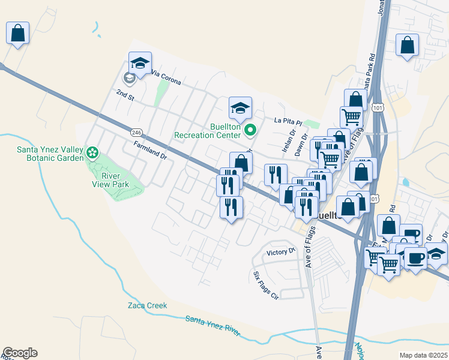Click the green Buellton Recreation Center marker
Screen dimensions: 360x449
[x=252, y=129]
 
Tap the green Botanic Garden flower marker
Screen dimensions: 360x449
[x=92, y=152]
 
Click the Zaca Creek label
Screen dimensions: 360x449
[x=147, y=305]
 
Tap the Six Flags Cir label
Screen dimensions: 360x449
[x=265, y=285]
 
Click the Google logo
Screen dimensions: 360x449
[x=20, y=353]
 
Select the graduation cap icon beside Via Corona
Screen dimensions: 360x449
[x=140, y=63]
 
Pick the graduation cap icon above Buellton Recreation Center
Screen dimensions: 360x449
[x=240, y=108]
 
